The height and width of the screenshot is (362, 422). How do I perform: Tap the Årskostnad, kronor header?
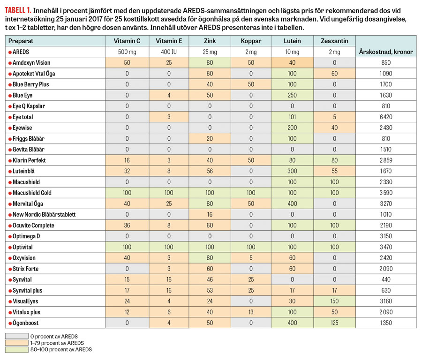click(385, 52)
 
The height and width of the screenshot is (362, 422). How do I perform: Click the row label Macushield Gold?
click(33, 193)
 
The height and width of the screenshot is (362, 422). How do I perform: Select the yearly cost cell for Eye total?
click(385, 117)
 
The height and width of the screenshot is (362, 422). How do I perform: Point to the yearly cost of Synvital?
click(385, 279)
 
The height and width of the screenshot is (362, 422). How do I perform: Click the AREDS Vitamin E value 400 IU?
click(167, 52)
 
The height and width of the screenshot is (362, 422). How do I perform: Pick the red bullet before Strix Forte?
click(10, 269)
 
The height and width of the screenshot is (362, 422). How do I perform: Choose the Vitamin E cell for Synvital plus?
click(167, 290)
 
